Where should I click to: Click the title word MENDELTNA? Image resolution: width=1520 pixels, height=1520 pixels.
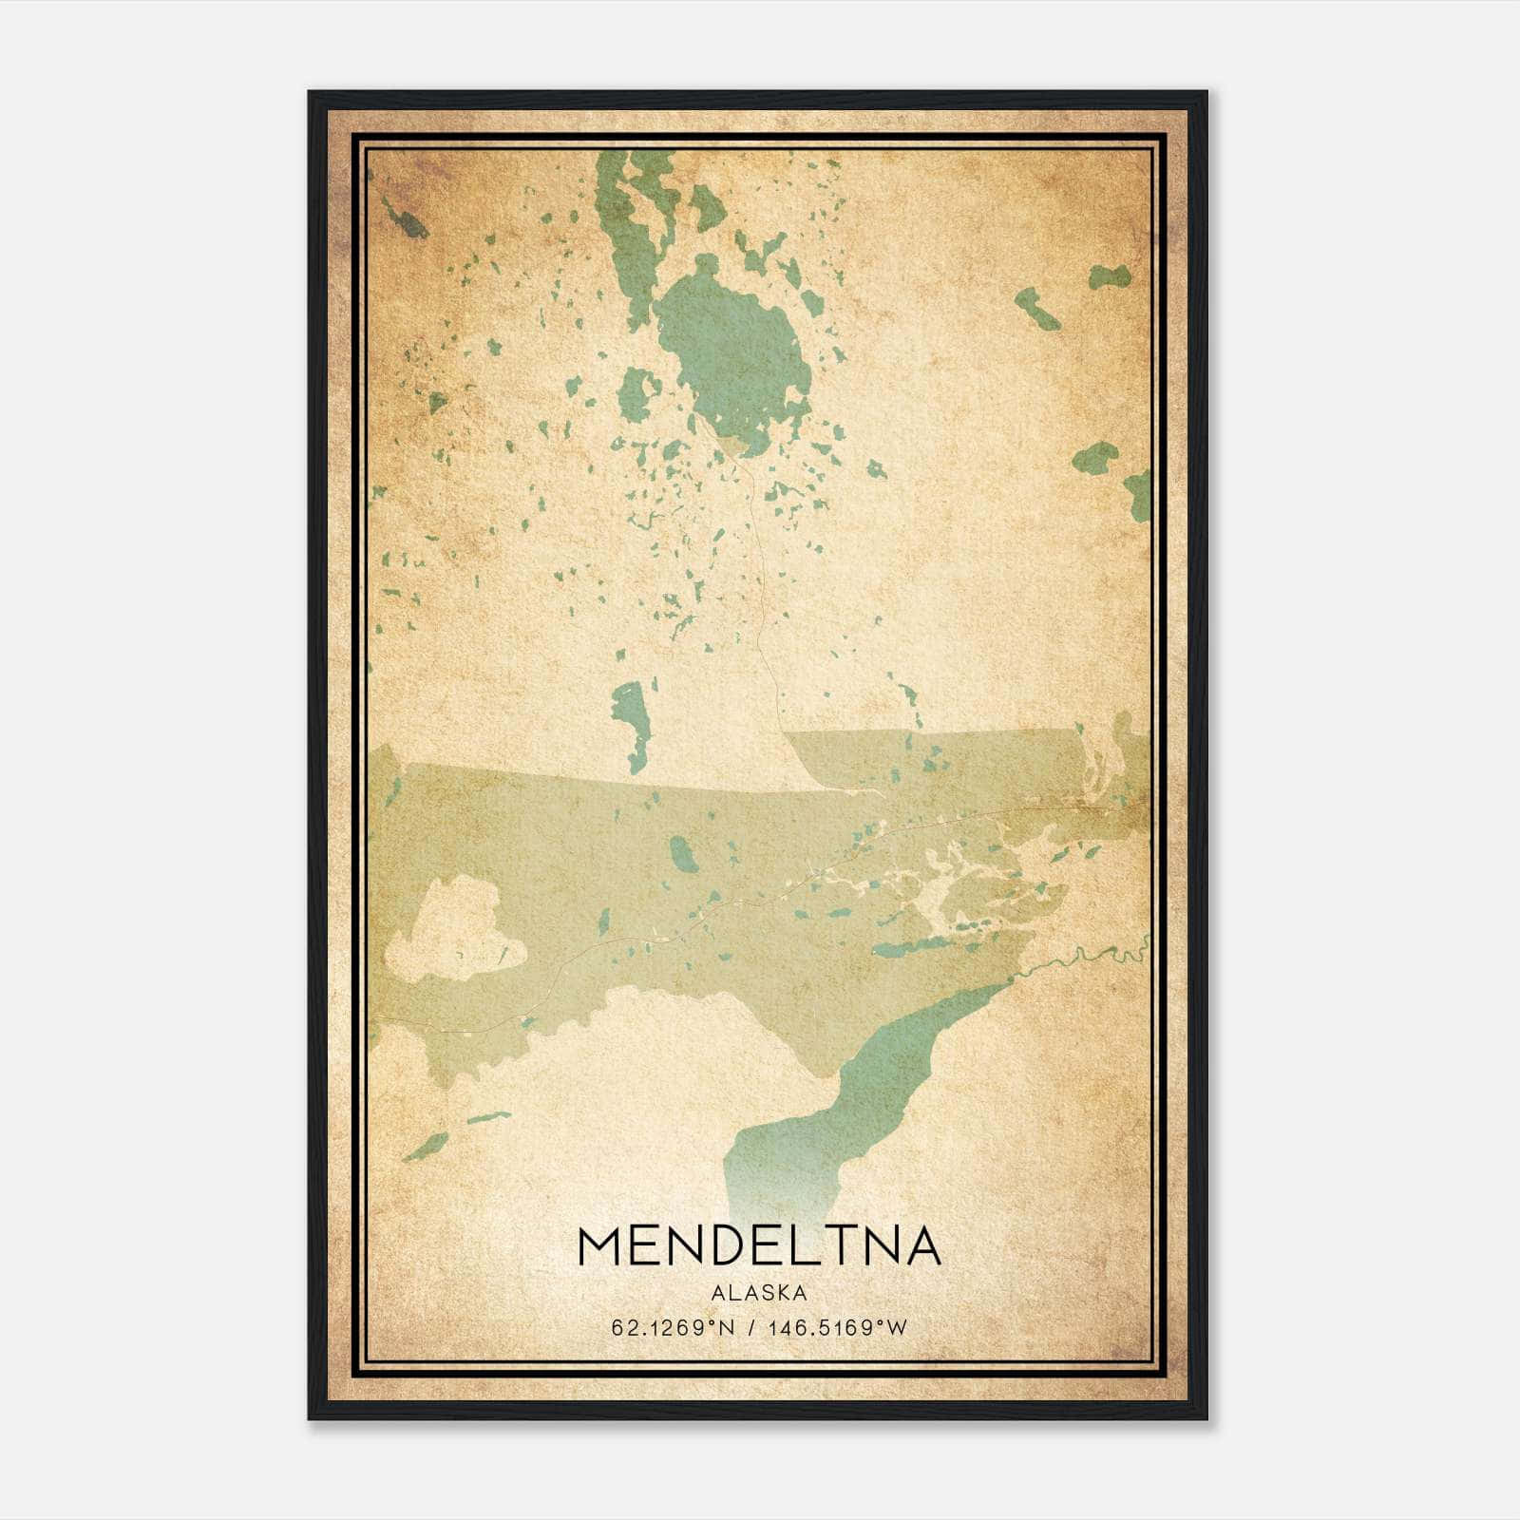pyautogui.click(x=758, y=1246)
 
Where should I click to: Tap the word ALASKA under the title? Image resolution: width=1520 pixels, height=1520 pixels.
pyautogui.click(x=758, y=1292)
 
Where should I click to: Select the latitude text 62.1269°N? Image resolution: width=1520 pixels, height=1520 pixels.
pyautogui.click(x=674, y=1327)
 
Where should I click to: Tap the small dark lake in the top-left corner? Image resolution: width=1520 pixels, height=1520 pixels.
pyautogui.click(x=410, y=225)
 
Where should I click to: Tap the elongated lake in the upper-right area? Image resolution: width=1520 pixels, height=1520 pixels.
pyautogui.click(x=1037, y=309)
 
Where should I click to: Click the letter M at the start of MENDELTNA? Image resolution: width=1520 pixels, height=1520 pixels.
pyautogui.click(x=598, y=1246)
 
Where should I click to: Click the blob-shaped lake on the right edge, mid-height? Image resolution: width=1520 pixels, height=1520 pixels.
pyautogui.click(x=1094, y=459)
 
